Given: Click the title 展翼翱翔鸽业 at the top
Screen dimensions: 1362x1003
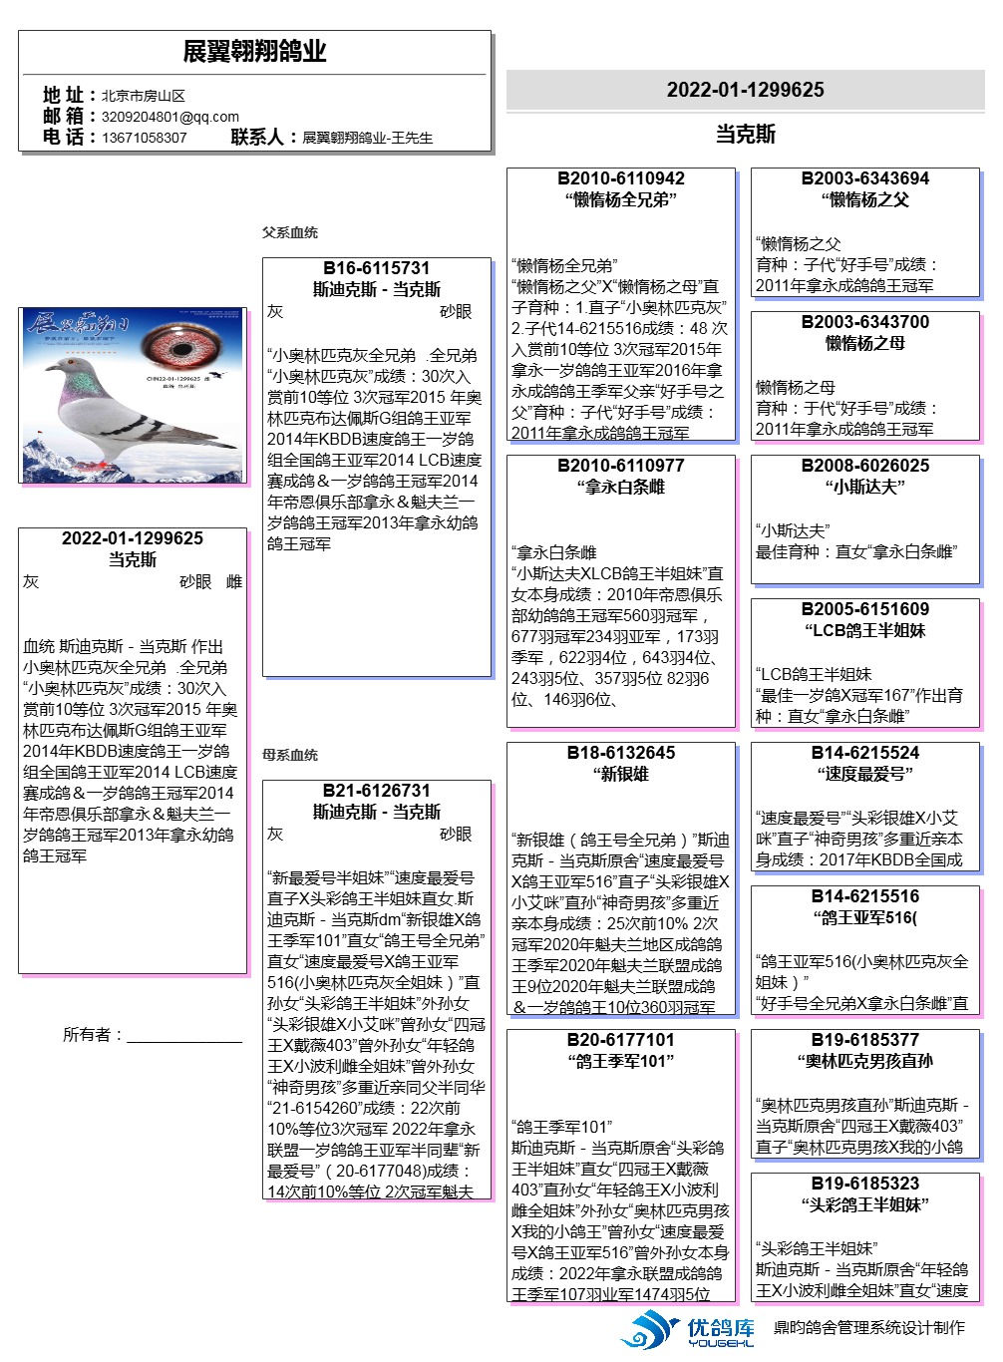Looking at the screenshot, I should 254,52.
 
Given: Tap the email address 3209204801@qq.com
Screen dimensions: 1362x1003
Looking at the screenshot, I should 169,117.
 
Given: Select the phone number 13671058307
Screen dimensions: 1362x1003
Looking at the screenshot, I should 144,138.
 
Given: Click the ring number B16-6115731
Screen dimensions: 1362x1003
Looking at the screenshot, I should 376,268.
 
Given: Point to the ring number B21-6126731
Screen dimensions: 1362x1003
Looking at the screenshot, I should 376,791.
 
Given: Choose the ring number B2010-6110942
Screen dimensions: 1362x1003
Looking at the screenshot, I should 620,178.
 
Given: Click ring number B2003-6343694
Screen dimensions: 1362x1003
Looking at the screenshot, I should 864,178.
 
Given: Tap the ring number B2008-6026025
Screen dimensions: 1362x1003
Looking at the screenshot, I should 864,466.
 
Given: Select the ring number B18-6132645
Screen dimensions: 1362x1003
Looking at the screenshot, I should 620,753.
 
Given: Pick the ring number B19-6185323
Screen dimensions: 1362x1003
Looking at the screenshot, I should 864,1184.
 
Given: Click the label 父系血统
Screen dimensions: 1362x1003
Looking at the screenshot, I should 290,232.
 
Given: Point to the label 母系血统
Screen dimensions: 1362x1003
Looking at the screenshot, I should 290,755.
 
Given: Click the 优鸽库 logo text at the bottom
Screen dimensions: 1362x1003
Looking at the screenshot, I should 720,1328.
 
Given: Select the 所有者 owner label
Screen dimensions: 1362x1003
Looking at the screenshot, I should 92,1035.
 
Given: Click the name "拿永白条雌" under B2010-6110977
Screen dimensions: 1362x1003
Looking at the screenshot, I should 620,488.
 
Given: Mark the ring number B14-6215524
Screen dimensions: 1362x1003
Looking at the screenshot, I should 864,753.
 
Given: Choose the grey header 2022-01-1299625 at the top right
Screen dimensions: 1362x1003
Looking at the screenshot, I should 745,90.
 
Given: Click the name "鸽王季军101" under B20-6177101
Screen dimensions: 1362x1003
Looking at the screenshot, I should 620,1062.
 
